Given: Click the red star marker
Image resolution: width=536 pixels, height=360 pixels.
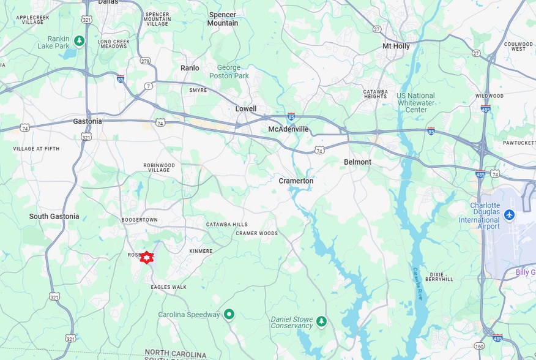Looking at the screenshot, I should [x=146, y=257].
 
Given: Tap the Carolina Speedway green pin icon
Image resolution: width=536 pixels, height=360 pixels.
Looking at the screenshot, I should [x=229, y=315].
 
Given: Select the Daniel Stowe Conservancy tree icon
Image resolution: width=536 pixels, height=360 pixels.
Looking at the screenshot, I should [x=321, y=320].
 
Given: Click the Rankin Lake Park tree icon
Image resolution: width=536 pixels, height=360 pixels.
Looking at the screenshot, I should [x=79, y=41].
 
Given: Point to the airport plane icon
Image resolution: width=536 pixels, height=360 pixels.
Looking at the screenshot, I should [x=510, y=214].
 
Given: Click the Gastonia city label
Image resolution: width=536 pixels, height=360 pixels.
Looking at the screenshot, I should [x=87, y=121].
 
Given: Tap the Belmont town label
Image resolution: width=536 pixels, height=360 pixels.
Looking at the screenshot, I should [x=357, y=162].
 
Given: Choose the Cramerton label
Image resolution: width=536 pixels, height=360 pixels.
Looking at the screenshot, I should [x=296, y=181].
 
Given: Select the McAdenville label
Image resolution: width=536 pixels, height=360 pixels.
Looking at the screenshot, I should [x=288, y=129].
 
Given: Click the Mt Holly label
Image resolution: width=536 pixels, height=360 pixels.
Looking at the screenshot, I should [x=396, y=47].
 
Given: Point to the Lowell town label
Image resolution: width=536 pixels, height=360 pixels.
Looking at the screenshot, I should [x=246, y=109].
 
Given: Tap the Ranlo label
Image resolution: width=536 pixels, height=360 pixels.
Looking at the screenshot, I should [x=190, y=68].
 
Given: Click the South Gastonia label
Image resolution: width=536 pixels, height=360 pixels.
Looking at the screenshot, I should [x=54, y=216].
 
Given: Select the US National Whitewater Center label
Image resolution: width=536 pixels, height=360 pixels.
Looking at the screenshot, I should [x=415, y=103].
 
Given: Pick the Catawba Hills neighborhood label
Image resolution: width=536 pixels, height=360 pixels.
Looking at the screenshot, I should [x=226, y=225].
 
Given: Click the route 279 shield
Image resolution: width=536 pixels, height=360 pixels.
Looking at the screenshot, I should [x=145, y=61].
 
